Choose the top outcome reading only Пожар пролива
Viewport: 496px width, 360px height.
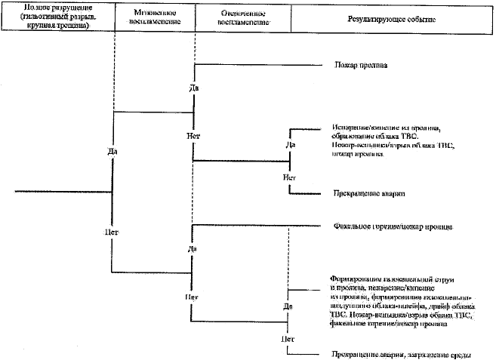pos(360,66)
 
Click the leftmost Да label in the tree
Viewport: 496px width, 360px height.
pos(112,151)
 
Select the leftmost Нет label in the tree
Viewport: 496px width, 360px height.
pos(112,231)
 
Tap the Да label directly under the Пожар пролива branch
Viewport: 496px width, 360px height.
pos(193,89)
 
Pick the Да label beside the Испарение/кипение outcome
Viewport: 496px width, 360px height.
pos(290,144)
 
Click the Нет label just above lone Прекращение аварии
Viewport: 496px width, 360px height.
pos(289,177)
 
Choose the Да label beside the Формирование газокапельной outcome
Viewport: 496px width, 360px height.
pos(288,306)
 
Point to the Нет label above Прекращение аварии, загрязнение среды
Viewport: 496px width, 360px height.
pos(288,340)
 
